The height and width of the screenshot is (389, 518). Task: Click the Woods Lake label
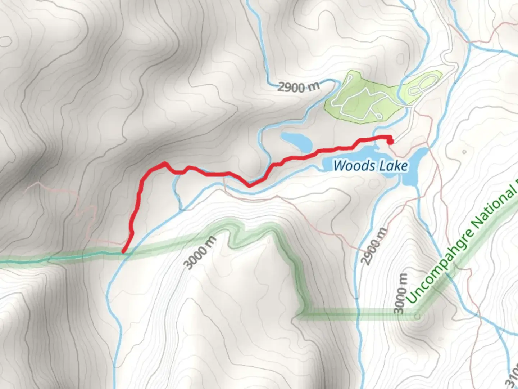point(371,166)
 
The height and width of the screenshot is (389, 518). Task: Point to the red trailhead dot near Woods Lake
point(390,142)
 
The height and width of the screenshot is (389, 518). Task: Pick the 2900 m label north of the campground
point(299,87)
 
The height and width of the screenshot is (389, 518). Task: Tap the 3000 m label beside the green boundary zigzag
point(200,253)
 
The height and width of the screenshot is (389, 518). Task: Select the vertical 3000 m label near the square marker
point(401,294)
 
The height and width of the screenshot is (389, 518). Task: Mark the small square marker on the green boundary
point(417,317)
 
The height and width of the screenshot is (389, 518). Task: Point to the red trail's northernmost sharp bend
point(165,164)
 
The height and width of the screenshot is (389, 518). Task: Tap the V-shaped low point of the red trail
point(249,186)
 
